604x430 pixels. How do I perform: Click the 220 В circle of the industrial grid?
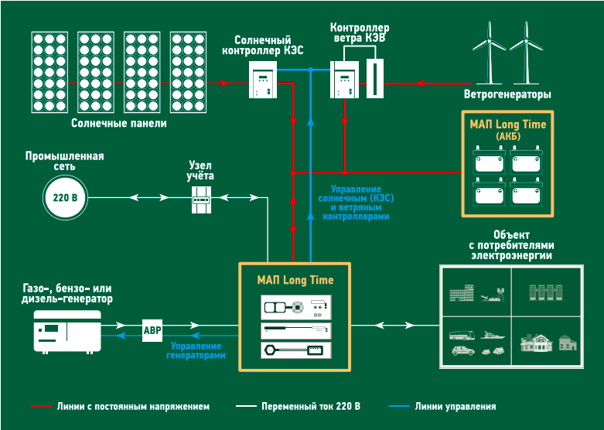pos(63,198)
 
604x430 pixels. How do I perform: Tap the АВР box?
pos(152,329)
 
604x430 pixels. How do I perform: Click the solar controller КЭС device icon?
pos(264,80)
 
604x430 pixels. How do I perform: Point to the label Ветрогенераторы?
pos(507,95)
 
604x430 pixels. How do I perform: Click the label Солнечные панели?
pos(118,123)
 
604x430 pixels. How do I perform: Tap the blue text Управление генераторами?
pos(196,350)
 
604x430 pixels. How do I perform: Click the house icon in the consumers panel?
pos(540,342)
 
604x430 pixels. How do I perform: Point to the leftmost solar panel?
pos(49,70)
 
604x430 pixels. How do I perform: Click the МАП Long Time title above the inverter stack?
pos(295,280)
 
